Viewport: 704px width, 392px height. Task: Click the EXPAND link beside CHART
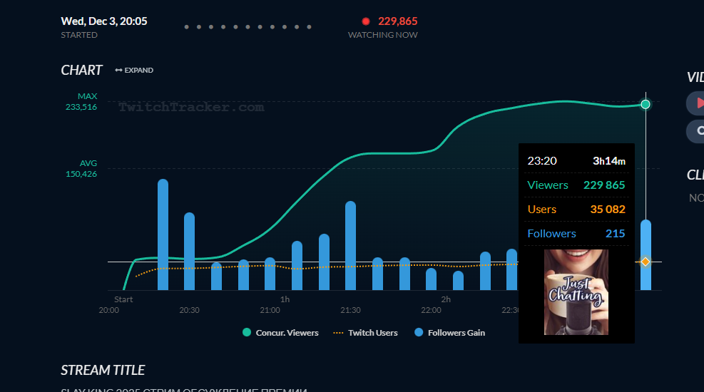[x=134, y=70]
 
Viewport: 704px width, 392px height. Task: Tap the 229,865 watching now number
[x=397, y=21]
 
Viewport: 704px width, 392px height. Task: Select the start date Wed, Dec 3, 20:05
[x=104, y=21]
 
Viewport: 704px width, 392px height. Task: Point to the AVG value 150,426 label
[x=81, y=173]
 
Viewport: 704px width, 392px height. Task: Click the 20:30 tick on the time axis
[x=189, y=310]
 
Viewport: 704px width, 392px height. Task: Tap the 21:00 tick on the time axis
[x=270, y=310]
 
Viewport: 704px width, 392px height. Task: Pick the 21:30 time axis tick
[x=350, y=310]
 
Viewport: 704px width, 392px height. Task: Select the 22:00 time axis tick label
[x=431, y=310]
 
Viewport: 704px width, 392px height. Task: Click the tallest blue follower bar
[x=163, y=235]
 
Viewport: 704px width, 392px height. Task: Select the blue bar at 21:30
[x=350, y=246]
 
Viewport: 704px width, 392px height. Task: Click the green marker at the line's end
[x=646, y=104]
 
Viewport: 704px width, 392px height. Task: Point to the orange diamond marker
[x=646, y=262]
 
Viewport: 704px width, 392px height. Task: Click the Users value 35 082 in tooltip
[x=607, y=210]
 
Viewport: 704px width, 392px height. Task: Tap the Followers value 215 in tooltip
[x=615, y=234]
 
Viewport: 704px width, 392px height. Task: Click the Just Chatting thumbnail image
[x=576, y=292]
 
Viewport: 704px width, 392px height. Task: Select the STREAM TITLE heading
[x=103, y=370]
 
